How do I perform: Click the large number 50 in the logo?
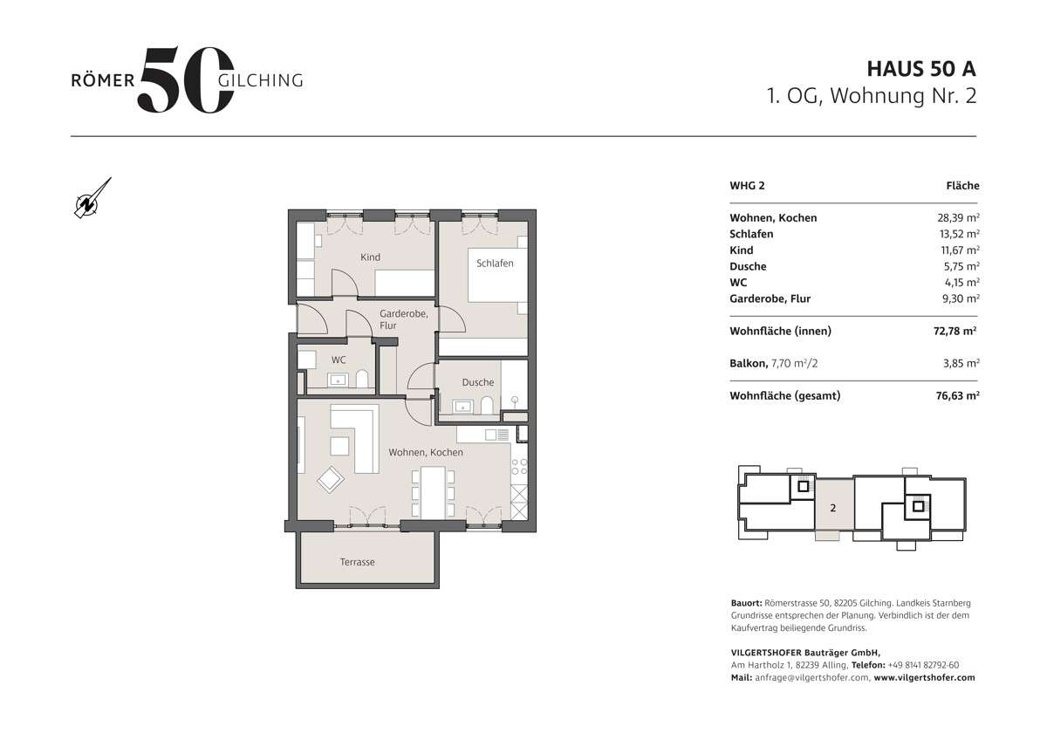[186, 80]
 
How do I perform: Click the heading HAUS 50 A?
[921, 69]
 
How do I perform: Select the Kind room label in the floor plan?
[370, 257]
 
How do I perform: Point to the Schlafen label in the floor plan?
[495, 263]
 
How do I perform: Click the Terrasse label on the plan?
[358, 562]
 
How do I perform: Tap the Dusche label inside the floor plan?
[478, 382]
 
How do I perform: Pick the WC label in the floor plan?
[339, 360]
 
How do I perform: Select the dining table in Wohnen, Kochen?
[434, 492]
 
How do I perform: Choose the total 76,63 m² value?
[955, 396]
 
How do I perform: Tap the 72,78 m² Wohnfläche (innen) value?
[955, 331]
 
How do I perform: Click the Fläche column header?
[962, 186]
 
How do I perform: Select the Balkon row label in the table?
[748, 362]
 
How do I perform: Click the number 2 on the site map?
[833, 507]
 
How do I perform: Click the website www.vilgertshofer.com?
[924, 677]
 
